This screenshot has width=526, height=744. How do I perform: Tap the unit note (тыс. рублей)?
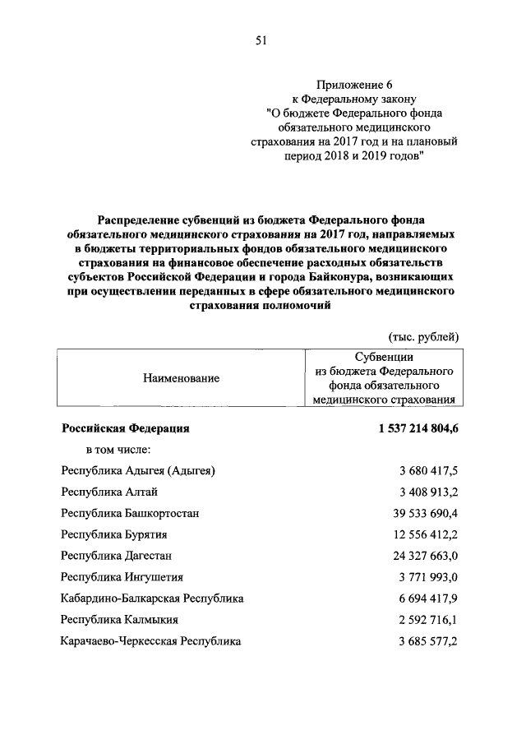click(x=422, y=336)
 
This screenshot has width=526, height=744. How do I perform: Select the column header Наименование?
click(x=182, y=378)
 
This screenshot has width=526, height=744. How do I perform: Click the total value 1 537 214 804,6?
click(x=418, y=428)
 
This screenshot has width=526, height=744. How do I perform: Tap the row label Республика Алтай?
click(x=109, y=492)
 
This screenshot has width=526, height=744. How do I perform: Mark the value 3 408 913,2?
click(x=427, y=492)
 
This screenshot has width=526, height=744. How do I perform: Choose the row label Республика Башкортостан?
click(x=130, y=513)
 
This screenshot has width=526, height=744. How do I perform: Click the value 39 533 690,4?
click(x=424, y=513)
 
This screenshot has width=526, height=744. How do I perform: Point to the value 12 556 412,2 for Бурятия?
click(x=424, y=534)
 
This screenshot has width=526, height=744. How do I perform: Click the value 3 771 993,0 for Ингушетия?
click(x=427, y=577)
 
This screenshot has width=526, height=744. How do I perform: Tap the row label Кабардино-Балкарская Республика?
click(x=152, y=598)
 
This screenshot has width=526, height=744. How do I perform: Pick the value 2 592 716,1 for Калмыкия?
click(x=427, y=620)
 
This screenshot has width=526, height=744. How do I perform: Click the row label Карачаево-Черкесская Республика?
click(x=151, y=641)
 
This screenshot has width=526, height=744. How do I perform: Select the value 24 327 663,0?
click(x=424, y=556)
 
